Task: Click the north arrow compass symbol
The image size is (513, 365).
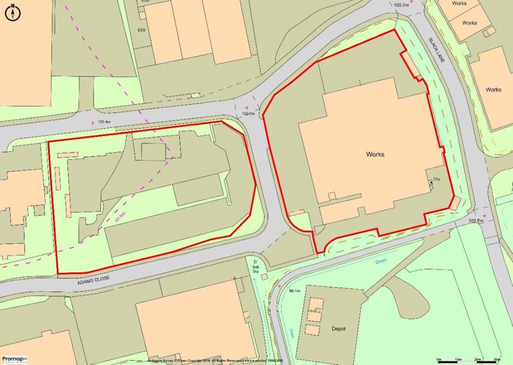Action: tap(12, 13)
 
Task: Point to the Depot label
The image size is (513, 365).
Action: tap(339, 329)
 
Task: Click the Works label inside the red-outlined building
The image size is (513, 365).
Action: tap(375, 154)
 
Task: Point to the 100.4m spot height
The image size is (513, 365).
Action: tap(104, 122)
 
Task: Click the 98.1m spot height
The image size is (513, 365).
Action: tap(295, 291)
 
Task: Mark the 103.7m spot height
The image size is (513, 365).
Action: tap(476, 221)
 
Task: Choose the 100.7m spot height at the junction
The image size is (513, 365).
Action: tap(248, 114)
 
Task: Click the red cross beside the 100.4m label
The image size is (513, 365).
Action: tap(92, 122)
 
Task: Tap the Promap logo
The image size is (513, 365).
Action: tap(15, 359)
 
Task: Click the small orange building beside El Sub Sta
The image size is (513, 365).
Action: tap(264, 277)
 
